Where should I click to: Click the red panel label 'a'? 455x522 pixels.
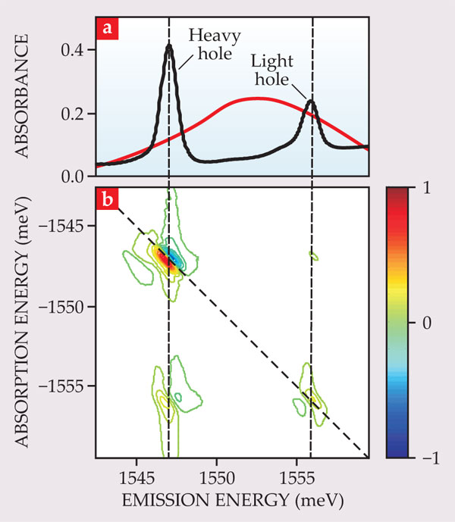(x=107, y=29)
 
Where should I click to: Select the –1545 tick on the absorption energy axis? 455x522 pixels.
(x=67, y=226)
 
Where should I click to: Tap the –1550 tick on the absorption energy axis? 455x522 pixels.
(x=67, y=306)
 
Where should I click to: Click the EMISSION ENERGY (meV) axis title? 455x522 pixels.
(x=231, y=502)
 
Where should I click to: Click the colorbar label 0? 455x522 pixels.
(x=428, y=322)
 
